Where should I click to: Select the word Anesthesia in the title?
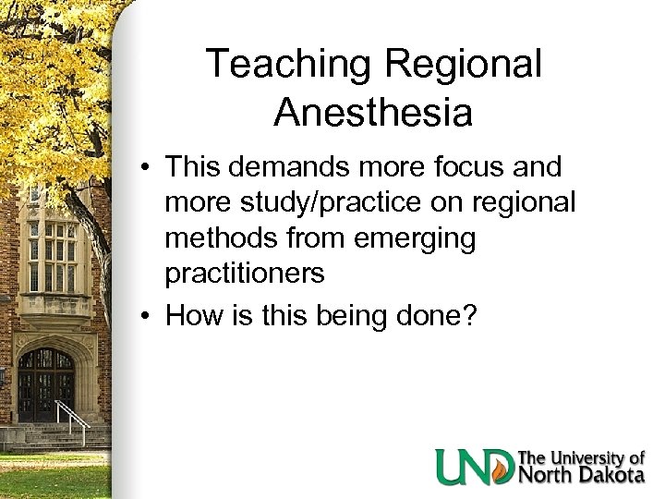coord(373,113)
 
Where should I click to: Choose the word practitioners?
coord(245,274)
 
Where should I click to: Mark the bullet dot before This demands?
coord(147,169)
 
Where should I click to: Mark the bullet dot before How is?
coord(147,318)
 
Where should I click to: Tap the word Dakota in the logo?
coord(611,476)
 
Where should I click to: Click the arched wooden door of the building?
coord(46,383)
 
